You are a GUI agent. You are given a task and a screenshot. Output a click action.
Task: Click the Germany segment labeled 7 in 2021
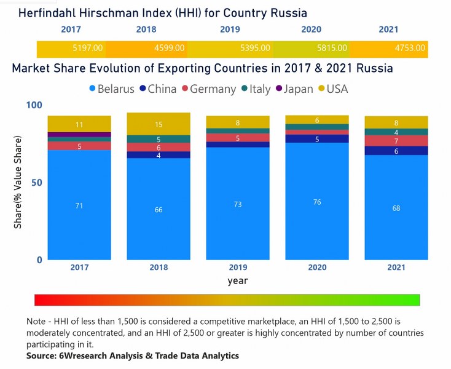[x=396, y=141]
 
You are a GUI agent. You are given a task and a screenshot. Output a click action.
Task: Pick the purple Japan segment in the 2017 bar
[x=79, y=135]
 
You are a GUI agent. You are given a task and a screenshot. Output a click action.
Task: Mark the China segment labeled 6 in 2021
[x=396, y=151]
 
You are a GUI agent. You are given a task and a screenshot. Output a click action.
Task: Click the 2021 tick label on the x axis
[x=396, y=268]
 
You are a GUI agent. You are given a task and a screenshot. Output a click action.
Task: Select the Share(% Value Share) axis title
[x=18, y=183]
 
